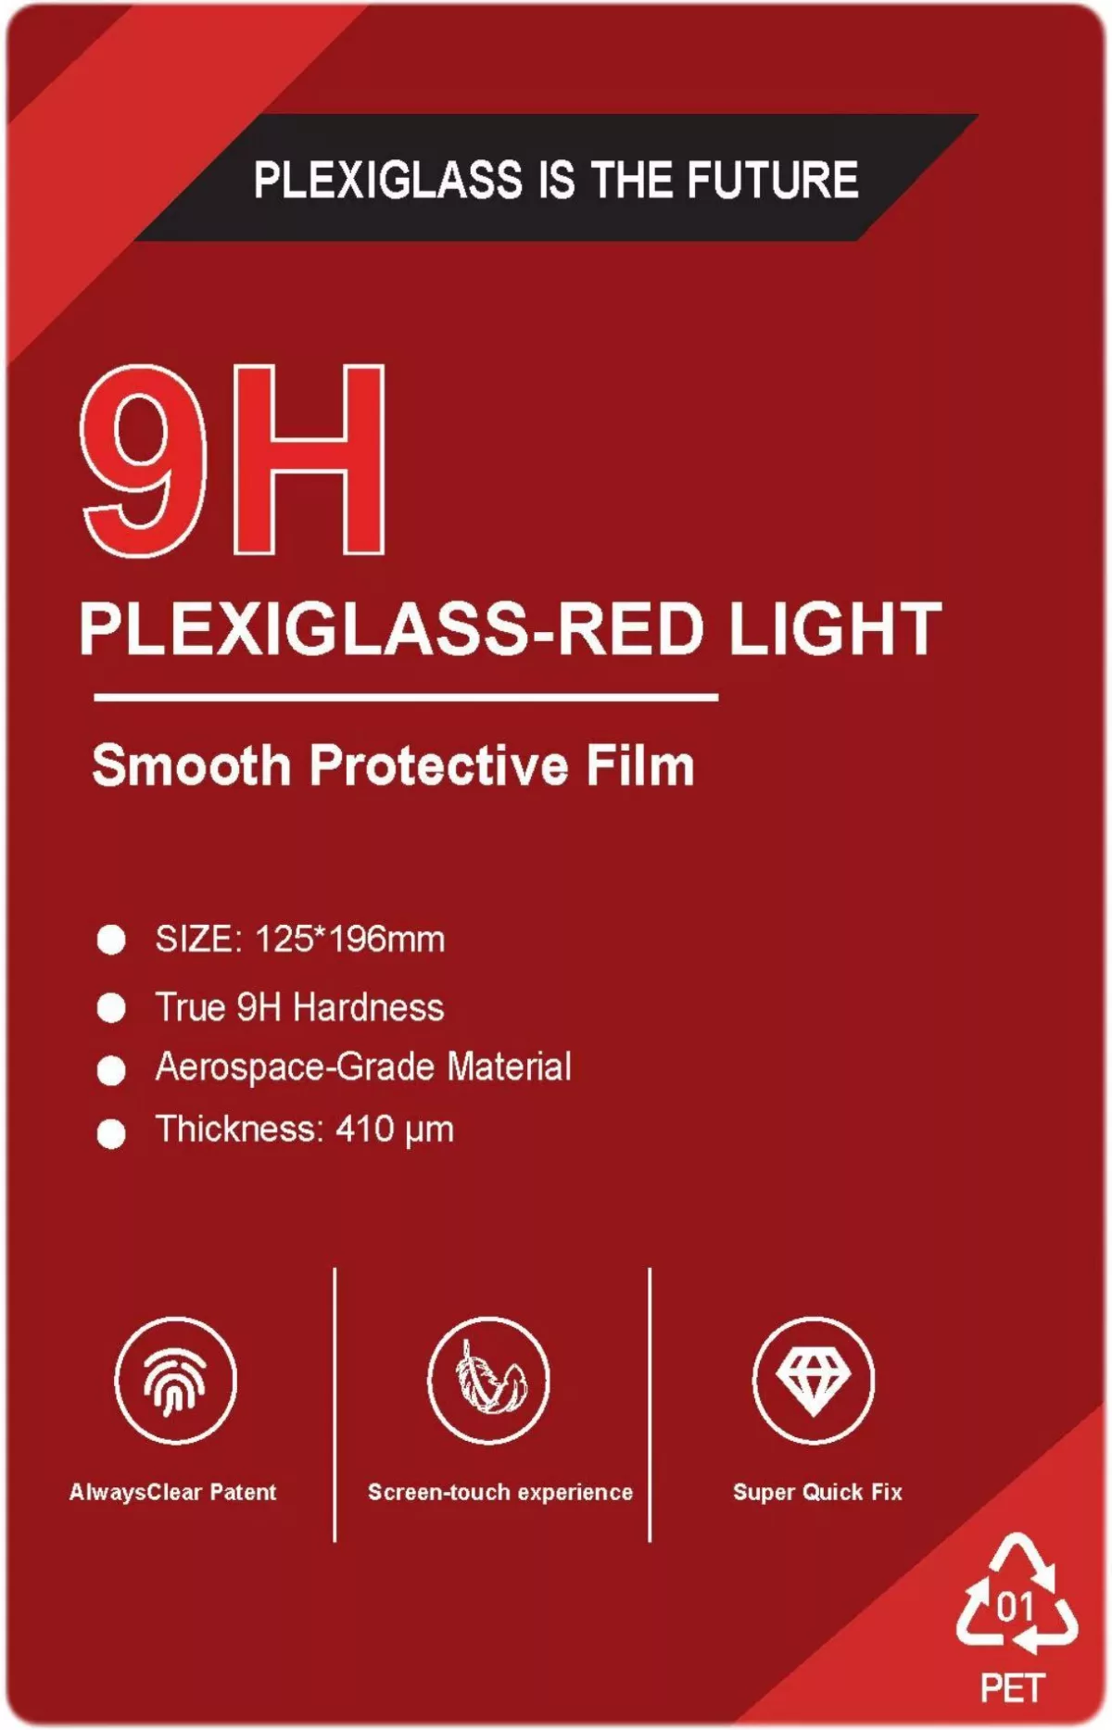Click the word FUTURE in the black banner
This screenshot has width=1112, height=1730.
[772, 179]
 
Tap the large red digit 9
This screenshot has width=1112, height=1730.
[144, 461]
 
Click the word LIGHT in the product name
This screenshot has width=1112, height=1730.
[834, 628]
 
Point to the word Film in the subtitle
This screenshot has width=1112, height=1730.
[639, 765]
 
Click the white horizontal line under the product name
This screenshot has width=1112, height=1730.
[406, 697]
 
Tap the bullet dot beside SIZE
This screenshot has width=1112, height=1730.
[111, 940]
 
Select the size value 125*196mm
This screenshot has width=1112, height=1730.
[349, 939]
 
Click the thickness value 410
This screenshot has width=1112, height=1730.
[364, 1129]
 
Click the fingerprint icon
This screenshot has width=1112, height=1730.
[176, 1381]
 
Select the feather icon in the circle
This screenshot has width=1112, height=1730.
[489, 1377]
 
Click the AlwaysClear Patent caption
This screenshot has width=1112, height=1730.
[173, 1492]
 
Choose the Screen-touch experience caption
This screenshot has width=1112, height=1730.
[500, 1492]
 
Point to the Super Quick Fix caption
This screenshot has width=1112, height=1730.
[817, 1492]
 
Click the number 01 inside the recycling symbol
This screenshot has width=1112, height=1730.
[1016, 1606]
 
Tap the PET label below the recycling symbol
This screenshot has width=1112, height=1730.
[1013, 1688]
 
